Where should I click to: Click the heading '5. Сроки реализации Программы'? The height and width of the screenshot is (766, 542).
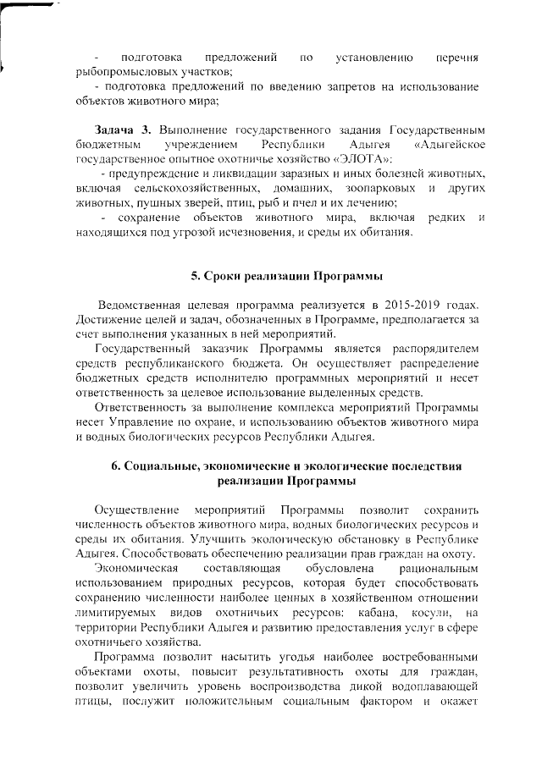point(286,276)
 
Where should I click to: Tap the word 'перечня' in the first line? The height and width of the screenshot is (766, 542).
point(457,58)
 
